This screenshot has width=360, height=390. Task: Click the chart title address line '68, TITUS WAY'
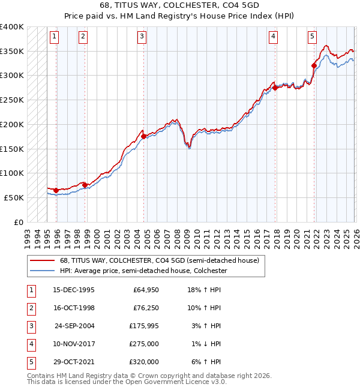click(179, 5)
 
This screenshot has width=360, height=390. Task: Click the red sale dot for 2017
click(275, 88)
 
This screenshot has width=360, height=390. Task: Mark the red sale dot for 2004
click(144, 136)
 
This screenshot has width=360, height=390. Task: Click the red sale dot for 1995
click(56, 190)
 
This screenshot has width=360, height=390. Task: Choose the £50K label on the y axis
click(14, 197)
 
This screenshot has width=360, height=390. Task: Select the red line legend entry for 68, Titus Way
click(159, 260)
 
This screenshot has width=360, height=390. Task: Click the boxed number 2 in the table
click(30, 308)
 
